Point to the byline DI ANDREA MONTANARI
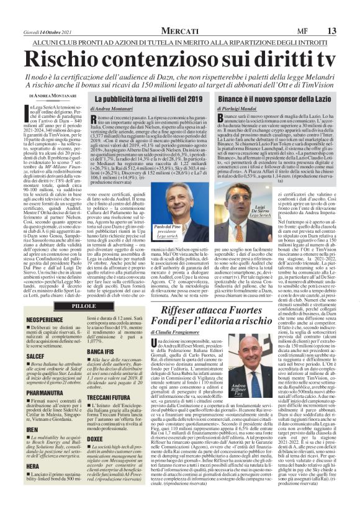click(53, 96)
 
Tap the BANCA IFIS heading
click(107, 352)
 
